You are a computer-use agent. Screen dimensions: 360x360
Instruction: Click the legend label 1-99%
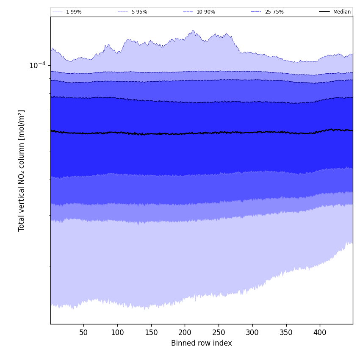coord(74,12)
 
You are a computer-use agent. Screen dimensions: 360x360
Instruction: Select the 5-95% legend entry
coord(139,12)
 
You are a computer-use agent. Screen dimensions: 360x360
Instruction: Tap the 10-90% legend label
coord(205,12)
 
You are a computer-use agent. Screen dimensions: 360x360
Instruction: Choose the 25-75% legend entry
coord(274,12)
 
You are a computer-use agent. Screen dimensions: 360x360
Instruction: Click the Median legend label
coord(342,12)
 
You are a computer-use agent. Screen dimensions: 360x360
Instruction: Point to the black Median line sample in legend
coord(324,12)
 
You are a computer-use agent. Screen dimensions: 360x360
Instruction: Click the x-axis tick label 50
coord(83,332)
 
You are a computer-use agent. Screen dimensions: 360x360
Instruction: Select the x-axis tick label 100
coord(117,332)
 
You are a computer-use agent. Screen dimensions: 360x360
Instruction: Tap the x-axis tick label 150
coord(151,332)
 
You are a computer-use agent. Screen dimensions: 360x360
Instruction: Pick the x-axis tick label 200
coord(185,332)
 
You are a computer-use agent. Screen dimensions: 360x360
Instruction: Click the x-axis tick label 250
coord(219,332)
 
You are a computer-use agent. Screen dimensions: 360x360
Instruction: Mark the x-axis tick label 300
coord(252,332)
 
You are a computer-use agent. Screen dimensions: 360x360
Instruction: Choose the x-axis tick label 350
coord(286,332)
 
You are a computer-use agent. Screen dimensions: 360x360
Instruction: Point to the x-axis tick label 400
coord(320,332)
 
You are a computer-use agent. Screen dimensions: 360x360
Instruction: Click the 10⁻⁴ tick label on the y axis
coord(37,65)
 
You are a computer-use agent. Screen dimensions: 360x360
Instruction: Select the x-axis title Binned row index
coord(201,343)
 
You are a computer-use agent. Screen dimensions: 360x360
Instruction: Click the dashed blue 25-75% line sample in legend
coord(256,12)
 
